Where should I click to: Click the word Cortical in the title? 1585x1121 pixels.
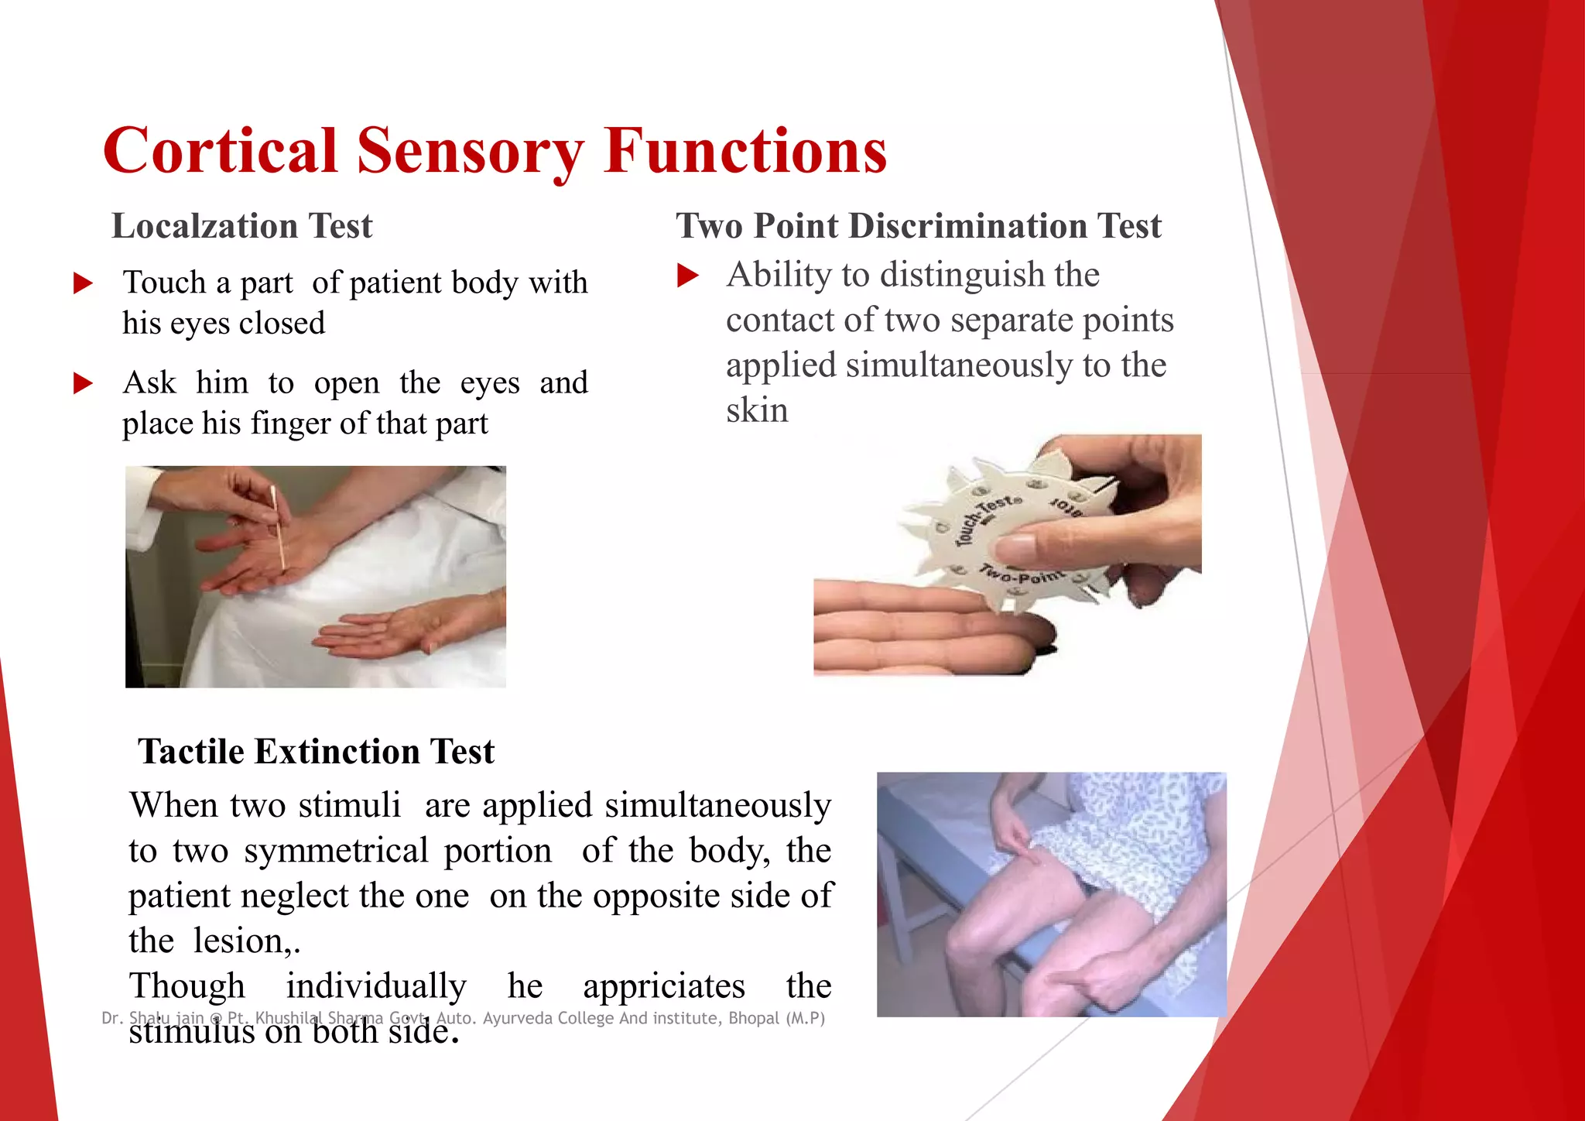pos(221,151)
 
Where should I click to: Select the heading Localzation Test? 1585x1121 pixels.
pos(242,226)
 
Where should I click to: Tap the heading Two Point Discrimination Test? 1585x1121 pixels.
pos(919,226)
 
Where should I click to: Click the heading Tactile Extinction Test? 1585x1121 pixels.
pos(316,752)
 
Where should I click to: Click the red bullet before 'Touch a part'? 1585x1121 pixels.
pos(83,283)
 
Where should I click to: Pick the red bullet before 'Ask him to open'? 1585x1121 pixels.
pos(83,383)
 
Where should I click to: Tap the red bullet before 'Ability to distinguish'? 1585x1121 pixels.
pos(687,276)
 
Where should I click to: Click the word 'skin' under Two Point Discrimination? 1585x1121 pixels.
pos(757,410)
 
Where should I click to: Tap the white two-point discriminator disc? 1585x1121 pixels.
pos(1006,534)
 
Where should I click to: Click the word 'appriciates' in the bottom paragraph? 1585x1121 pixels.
pos(664,987)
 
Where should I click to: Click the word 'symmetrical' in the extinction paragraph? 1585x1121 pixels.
pos(336,851)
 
